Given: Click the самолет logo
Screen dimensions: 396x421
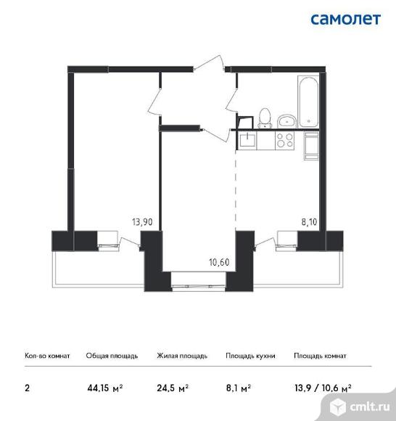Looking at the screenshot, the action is (x=345, y=20).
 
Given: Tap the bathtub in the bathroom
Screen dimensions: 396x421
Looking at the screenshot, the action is (x=308, y=102).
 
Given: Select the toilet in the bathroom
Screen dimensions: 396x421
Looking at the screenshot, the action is (x=265, y=118).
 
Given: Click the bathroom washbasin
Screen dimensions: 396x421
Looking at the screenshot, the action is (x=286, y=121).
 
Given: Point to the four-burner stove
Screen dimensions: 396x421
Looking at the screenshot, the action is (x=284, y=140).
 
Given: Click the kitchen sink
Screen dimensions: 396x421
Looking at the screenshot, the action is (x=247, y=140).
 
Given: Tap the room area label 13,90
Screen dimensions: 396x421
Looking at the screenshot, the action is (x=142, y=222).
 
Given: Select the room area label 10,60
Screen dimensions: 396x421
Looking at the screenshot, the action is (x=219, y=262).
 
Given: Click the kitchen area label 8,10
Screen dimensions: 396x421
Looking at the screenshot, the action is (x=310, y=222).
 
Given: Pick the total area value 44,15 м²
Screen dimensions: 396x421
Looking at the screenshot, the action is (x=105, y=388).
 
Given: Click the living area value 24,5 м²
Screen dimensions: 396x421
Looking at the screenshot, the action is (x=173, y=388).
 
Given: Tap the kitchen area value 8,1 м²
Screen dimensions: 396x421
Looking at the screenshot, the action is (x=238, y=388).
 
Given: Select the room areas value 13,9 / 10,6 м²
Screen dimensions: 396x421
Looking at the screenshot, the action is (x=323, y=388).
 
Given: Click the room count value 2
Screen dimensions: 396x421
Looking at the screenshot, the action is (x=27, y=388).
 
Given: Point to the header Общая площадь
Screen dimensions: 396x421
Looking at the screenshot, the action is (x=112, y=356).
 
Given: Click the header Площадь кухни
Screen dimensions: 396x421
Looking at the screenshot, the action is (x=250, y=356).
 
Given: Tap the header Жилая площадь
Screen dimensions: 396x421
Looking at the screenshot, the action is (x=182, y=356).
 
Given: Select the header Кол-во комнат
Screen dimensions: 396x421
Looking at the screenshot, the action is (x=47, y=356).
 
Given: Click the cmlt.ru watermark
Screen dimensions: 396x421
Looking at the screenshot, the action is (x=360, y=406).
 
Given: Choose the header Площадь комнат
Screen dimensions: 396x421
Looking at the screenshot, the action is (x=320, y=356).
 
